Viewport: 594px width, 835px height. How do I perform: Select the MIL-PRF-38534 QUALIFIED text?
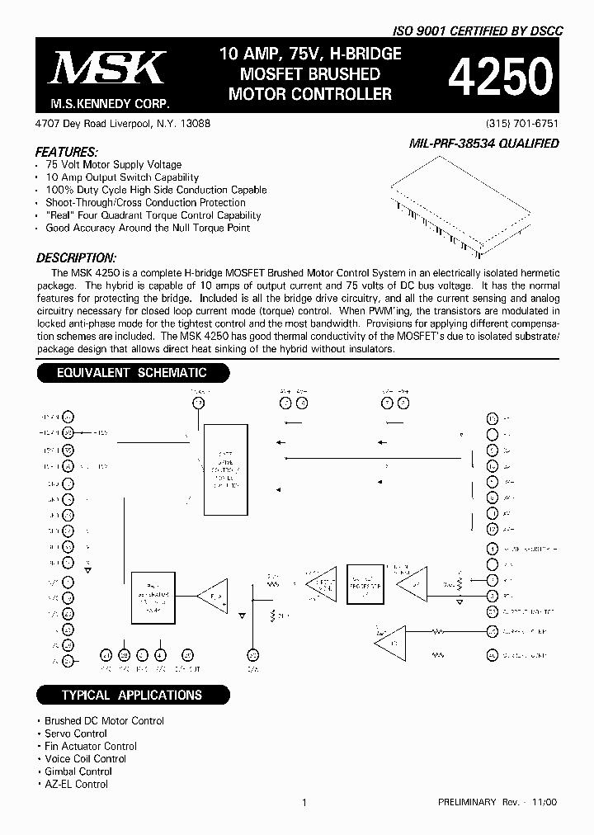point(483,144)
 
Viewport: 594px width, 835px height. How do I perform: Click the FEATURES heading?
point(67,153)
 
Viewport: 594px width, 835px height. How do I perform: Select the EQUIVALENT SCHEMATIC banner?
point(131,373)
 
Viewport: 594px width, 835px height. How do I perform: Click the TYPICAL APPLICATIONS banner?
point(131,695)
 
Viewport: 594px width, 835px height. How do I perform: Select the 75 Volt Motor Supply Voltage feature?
point(113,165)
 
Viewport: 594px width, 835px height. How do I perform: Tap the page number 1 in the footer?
point(304,802)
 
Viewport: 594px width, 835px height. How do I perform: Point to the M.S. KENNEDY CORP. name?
point(104,104)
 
